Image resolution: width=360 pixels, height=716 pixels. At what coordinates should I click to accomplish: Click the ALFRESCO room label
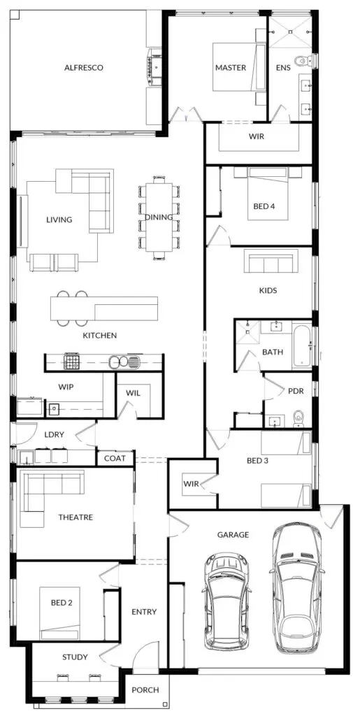[x=83, y=68]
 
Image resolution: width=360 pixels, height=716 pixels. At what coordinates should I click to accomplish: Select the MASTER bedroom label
[x=231, y=68]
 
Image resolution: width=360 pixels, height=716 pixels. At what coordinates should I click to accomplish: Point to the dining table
[x=159, y=217]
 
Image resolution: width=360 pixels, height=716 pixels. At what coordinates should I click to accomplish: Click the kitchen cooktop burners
[x=71, y=363]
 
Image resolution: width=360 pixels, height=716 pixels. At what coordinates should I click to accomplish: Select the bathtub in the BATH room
[x=301, y=346]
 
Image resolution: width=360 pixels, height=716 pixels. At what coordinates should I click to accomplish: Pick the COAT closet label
[x=115, y=459]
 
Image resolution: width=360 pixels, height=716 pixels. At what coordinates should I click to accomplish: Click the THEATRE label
[x=75, y=518]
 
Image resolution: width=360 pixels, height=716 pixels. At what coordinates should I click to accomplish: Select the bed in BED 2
[x=59, y=613]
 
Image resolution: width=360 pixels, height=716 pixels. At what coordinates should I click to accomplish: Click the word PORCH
[x=145, y=690]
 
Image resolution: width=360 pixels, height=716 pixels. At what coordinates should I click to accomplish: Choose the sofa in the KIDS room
[x=271, y=261]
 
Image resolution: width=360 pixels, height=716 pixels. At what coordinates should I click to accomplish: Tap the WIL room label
[x=134, y=393]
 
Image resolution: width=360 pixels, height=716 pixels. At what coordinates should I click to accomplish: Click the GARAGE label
[x=233, y=535]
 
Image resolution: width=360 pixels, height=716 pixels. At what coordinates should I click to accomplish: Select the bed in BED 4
[x=268, y=193]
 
